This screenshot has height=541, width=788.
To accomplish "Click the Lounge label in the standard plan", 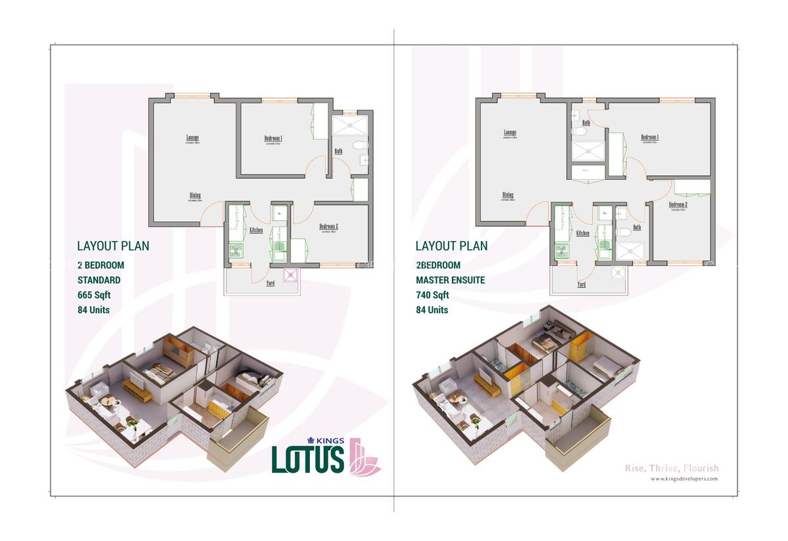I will pyautogui.click(x=192, y=137).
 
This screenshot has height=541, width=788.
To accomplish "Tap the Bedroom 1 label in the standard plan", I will pyautogui.click(x=273, y=139).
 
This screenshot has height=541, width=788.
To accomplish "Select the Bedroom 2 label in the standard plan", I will pyautogui.click(x=328, y=227).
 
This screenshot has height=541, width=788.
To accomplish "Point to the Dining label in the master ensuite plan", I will pyautogui.click(x=508, y=195).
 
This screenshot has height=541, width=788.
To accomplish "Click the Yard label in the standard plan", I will pyautogui.click(x=252, y=284).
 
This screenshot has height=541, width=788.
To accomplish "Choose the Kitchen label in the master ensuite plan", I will pyautogui.click(x=582, y=233).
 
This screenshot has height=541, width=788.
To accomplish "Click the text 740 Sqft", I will pyautogui.click(x=432, y=295).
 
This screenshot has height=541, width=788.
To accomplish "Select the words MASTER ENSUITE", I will pyautogui.click(x=450, y=280).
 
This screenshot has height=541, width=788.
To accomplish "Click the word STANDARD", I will pyautogui.click(x=99, y=280).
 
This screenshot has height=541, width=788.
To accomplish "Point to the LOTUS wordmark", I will pyautogui.click(x=308, y=458).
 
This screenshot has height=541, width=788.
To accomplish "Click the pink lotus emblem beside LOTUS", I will pyautogui.click(x=365, y=456).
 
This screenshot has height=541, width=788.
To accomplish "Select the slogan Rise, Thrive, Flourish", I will pyautogui.click(x=671, y=468).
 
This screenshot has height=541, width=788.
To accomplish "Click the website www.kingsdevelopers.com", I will pyautogui.click(x=684, y=479).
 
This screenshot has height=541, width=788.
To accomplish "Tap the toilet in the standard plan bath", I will pyautogui.click(x=359, y=144).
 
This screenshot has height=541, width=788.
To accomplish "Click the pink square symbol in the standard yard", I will pyautogui.click(x=290, y=275).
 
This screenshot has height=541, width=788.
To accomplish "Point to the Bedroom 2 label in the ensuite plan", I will pyautogui.click(x=678, y=205).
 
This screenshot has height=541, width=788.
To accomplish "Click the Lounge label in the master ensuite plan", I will pyautogui.click(x=510, y=132).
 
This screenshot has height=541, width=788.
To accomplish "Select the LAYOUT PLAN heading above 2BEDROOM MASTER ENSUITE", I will pyautogui.click(x=451, y=246).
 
